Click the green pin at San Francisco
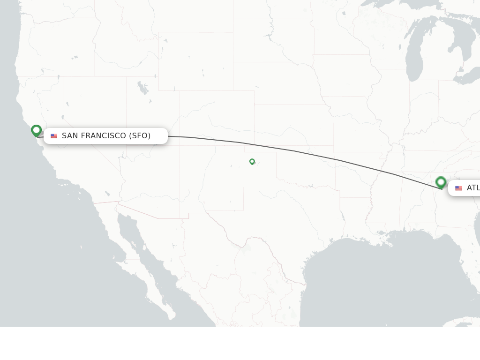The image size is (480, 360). tap(36, 130)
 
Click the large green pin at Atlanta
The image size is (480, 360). tap(441, 182)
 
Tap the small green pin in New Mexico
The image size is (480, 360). tap(252, 161)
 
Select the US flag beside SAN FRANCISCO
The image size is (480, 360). tap(54, 136)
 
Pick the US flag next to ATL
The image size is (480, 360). tap(458, 188)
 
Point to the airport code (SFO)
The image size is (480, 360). tap(140, 136)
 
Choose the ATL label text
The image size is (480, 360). tap(473, 188)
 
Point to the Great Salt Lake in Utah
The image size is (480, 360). tap(142, 87)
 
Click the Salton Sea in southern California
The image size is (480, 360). tap(107, 193)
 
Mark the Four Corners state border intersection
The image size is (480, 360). tap(180, 145)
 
